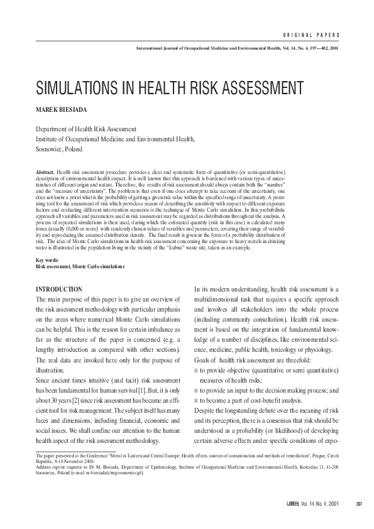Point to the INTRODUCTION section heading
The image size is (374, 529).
point(59,289)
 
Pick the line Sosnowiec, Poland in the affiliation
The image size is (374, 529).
point(59,150)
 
